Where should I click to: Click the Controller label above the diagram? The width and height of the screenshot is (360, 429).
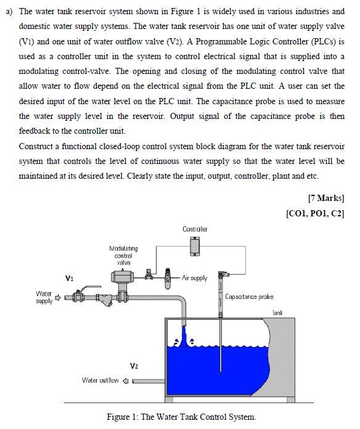pyautogui.click(x=195, y=229)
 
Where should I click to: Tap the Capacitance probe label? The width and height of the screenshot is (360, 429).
pyautogui.click(x=249, y=296)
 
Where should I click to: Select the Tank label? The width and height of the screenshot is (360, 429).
pyautogui.click(x=277, y=313)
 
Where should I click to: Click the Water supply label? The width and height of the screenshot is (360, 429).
pyautogui.click(x=44, y=298)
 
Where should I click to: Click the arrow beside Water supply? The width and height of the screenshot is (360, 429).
pyautogui.click(x=59, y=298)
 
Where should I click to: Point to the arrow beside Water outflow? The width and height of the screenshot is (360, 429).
pyautogui.click(x=126, y=380)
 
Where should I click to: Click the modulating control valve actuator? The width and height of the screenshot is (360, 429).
pyautogui.click(x=122, y=278)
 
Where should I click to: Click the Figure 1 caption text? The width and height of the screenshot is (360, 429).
pyautogui.click(x=181, y=417)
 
